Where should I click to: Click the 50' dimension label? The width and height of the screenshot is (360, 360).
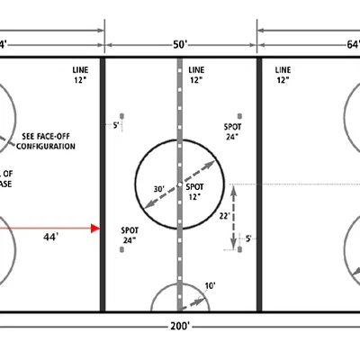point(181,42)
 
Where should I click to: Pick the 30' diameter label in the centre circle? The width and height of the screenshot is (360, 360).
point(158,190)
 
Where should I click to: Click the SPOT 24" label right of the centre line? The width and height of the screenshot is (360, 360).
point(233,131)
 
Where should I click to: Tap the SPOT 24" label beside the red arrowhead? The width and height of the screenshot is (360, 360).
point(130,236)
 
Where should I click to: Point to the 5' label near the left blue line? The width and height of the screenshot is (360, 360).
point(116,126)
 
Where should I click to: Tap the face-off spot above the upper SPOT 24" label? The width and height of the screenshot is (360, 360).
point(239,115)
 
